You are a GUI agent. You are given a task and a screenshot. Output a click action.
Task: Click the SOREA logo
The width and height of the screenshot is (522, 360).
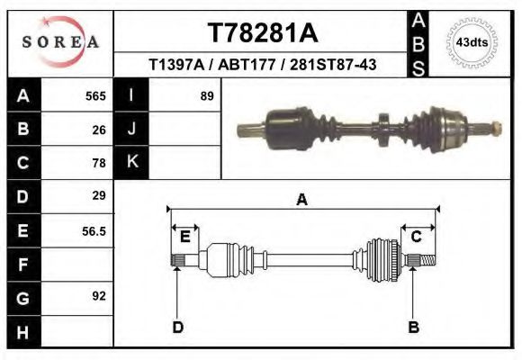(60, 42)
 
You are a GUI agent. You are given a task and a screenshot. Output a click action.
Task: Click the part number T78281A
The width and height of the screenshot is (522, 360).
(262, 32)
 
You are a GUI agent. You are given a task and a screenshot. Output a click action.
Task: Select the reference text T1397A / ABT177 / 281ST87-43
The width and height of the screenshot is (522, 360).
(262, 65)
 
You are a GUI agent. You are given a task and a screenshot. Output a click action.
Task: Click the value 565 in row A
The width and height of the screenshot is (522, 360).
(94, 96)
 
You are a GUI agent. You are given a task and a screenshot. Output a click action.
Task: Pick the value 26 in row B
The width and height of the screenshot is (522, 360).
(99, 130)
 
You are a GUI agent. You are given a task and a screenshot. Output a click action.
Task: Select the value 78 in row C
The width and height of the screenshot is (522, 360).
(99, 163)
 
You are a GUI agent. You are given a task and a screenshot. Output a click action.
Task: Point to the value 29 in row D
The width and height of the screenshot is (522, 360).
(99, 195)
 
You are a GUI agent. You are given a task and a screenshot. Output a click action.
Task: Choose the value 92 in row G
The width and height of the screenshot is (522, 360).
(99, 295)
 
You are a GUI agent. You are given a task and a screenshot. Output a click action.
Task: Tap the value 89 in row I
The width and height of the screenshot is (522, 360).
(206, 96)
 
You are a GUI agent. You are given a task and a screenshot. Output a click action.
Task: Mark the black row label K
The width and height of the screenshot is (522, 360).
(131, 162)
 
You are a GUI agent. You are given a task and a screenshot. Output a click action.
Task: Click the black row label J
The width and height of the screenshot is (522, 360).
(131, 130)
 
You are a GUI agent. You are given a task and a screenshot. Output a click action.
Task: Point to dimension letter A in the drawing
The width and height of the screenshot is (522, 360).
(302, 200)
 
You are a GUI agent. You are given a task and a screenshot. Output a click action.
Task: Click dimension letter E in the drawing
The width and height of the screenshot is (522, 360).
(184, 237)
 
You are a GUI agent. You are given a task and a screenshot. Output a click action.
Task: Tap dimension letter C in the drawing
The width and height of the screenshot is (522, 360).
(417, 237)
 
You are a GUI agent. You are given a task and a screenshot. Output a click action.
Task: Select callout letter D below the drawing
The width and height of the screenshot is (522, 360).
(177, 327)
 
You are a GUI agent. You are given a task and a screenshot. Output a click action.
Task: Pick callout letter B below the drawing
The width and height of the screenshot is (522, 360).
(413, 327)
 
